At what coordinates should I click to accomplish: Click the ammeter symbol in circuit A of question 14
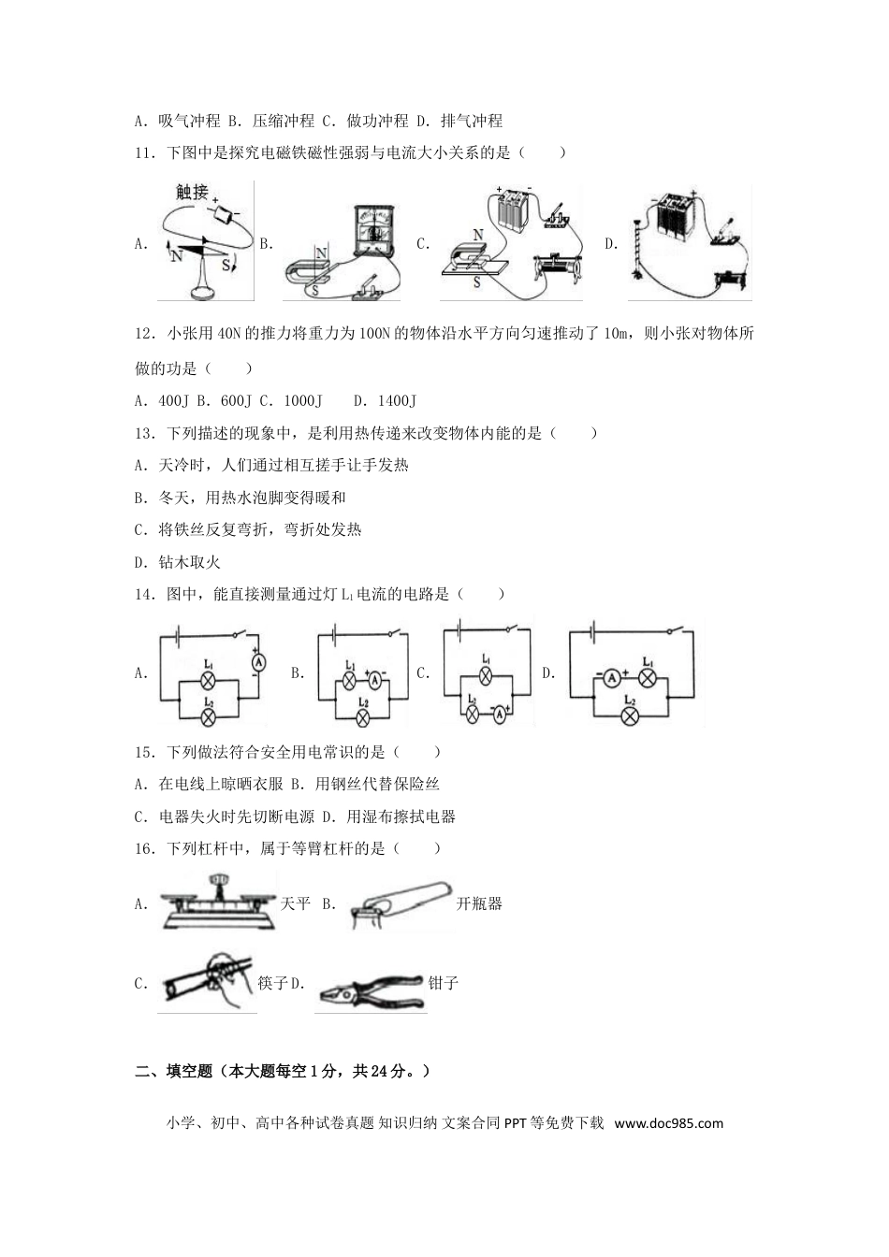coord(258,661)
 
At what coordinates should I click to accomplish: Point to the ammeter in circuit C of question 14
coord(499,713)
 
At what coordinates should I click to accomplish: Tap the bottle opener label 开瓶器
coord(479,904)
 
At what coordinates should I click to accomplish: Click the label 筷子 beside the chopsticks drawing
coord(272,984)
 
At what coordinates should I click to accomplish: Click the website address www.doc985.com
coord(669,1123)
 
